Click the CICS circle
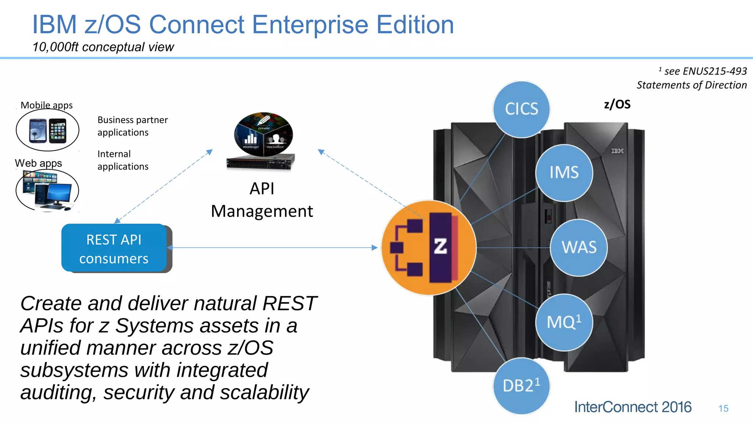(x=521, y=109)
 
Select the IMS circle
(x=564, y=173)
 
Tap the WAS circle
(x=579, y=247)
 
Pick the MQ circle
(x=564, y=322)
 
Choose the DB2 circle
(x=521, y=386)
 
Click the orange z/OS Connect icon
(x=429, y=247)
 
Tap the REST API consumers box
(x=114, y=249)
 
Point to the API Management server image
(x=262, y=141)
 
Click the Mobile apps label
(x=47, y=105)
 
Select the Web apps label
(x=38, y=163)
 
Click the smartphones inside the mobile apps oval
(x=47, y=130)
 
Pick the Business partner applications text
(x=132, y=126)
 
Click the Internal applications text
(x=123, y=160)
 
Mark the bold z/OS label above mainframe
(x=617, y=105)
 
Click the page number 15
(x=723, y=408)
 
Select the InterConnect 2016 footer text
(x=633, y=407)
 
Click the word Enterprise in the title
(x=310, y=25)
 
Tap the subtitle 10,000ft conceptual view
(x=103, y=47)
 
